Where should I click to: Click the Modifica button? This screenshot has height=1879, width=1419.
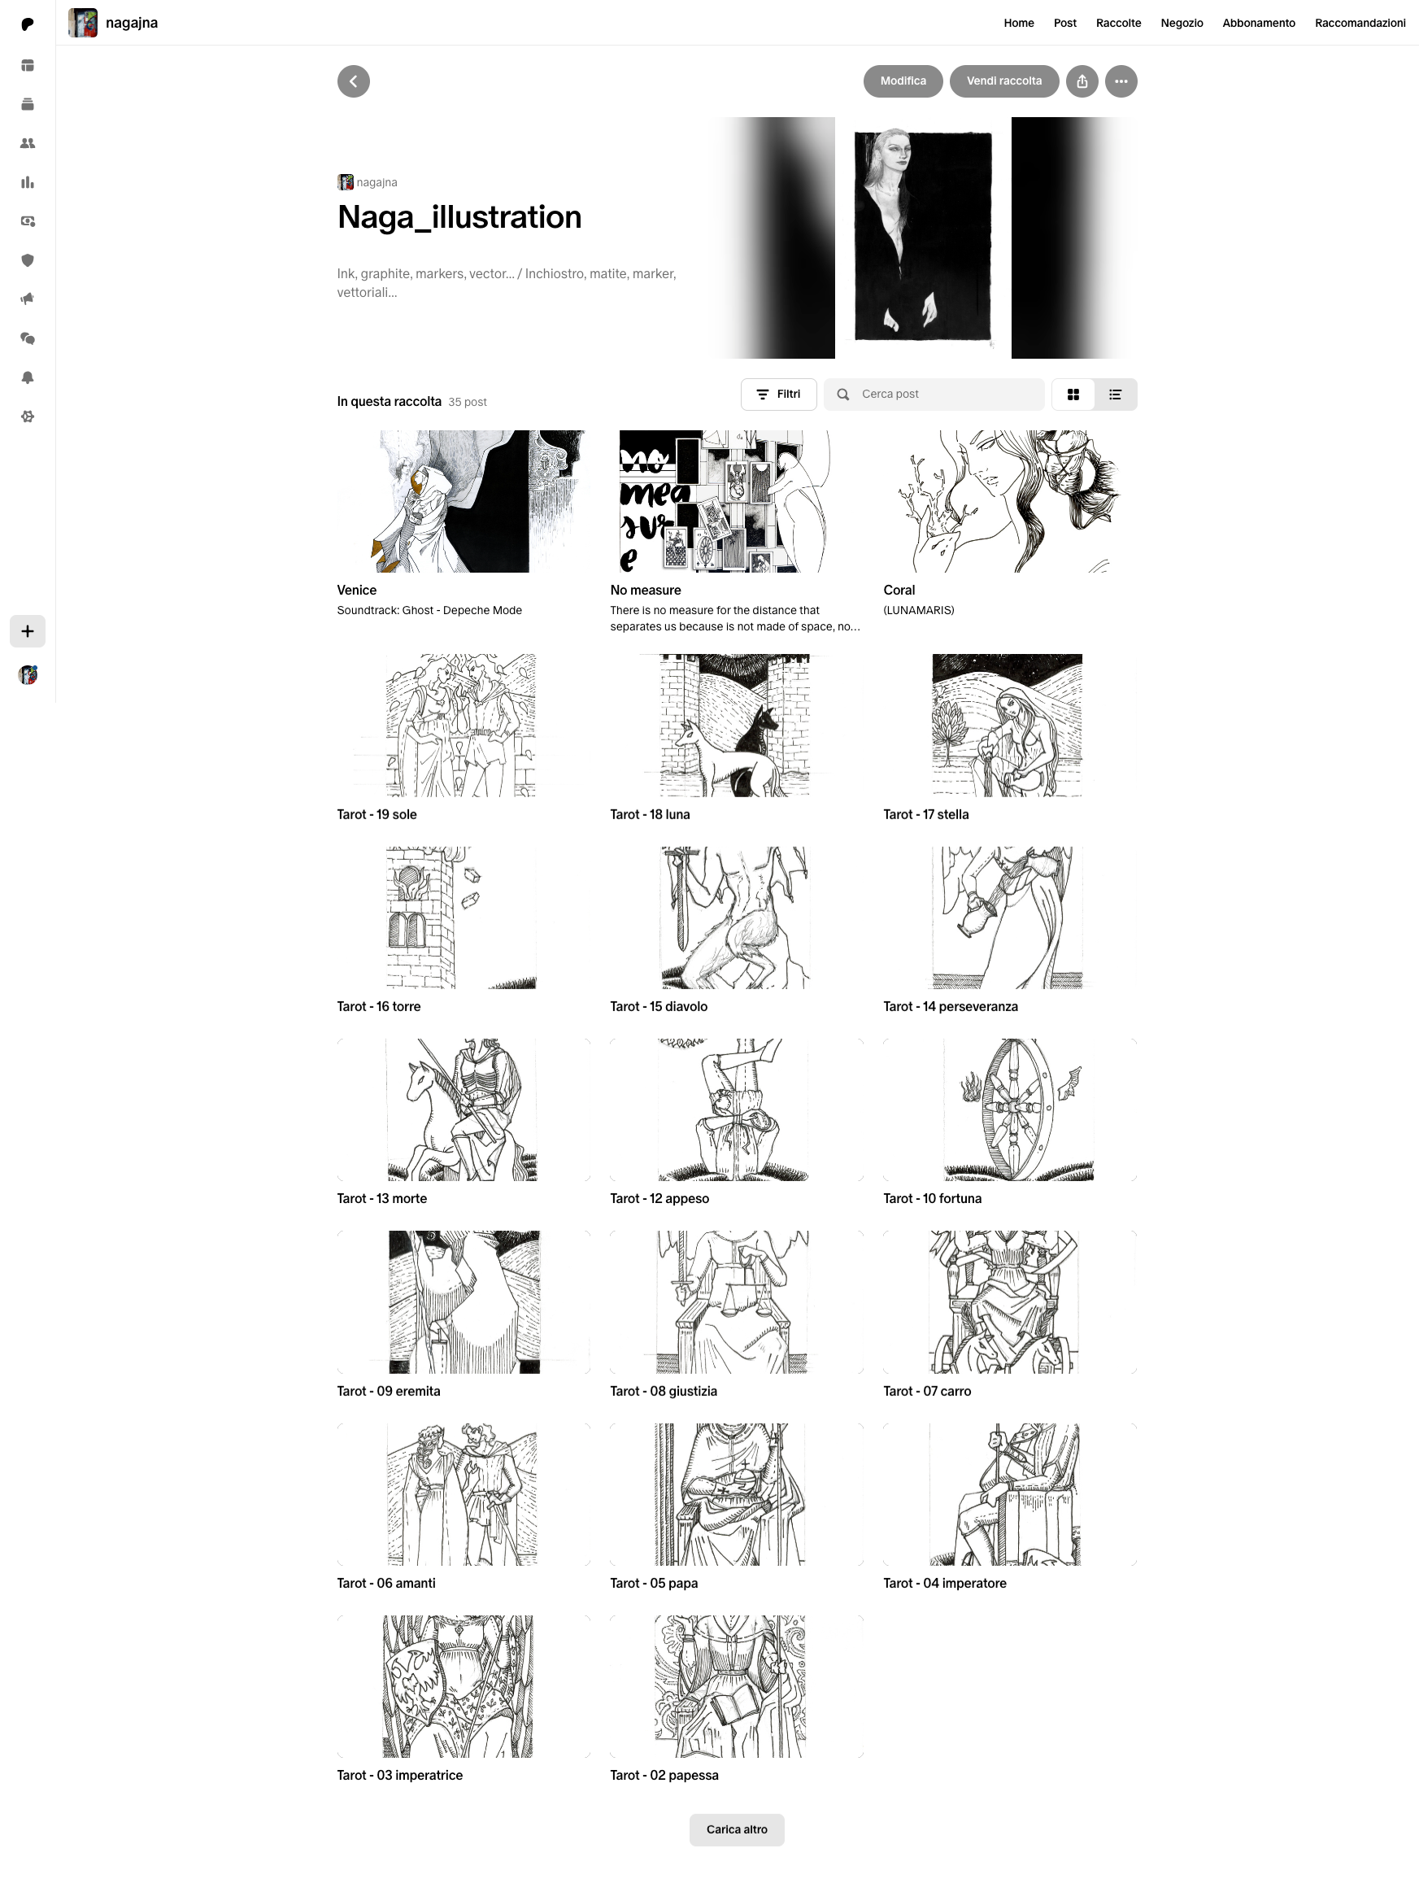pos(903,81)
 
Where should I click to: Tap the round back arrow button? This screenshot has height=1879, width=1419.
pos(353,81)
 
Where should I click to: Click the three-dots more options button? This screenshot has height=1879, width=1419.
pos(1121,81)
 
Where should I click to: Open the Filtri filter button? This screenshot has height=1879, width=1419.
pos(779,395)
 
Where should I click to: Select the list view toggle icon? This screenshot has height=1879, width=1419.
pos(1115,395)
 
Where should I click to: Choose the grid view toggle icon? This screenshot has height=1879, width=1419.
pos(1073,395)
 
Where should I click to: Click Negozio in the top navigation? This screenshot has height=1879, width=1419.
pos(1182,23)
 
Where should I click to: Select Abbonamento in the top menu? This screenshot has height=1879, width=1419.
pos(1259,23)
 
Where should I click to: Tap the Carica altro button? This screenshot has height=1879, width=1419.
pos(736,1829)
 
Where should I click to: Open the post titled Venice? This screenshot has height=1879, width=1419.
pos(357,591)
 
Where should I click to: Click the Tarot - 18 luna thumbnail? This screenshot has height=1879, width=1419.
pos(736,726)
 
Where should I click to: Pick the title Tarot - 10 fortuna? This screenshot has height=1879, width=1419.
pos(933,1199)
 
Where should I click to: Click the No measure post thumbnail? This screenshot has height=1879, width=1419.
pos(736,501)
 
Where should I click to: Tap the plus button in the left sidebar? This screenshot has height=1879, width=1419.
pos(27,631)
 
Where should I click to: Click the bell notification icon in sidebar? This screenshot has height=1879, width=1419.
pos(27,378)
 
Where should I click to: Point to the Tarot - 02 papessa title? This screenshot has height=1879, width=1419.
pos(664,1776)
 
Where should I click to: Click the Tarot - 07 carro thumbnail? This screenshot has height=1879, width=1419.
pos(1010,1302)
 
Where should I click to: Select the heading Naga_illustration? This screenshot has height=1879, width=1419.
pos(459,217)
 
